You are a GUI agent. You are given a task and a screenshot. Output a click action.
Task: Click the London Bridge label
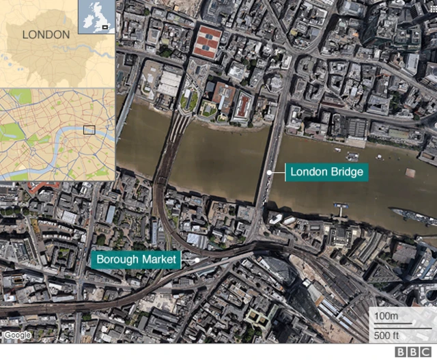point(326,171)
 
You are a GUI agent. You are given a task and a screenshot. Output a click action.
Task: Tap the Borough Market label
point(136,260)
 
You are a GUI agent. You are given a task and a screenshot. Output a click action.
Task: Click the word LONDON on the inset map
point(46,34)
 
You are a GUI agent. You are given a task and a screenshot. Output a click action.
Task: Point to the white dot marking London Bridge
point(270,172)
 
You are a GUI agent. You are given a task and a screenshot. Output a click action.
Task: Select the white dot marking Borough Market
point(197,260)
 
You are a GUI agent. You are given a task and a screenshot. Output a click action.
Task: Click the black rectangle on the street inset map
point(89,130)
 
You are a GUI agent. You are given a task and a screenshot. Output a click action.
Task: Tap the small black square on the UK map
point(104,27)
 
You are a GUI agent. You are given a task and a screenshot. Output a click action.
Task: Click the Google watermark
point(17,335)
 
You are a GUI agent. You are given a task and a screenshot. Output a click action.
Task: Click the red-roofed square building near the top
point(207,42)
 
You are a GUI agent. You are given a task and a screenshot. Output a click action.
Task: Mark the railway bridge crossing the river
point(171,150)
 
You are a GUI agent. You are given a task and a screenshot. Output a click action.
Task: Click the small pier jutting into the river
point(339,208)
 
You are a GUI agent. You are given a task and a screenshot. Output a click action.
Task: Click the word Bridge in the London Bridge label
point(346,171)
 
